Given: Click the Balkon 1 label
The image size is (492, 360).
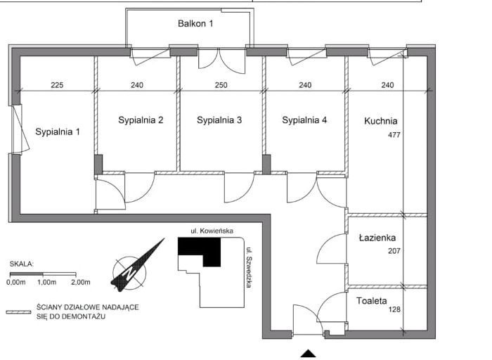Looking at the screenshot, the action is click(x=195, y=23).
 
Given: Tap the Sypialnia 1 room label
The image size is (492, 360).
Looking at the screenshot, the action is click(x=58, y=131).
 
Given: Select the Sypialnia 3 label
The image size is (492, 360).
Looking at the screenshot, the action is click(x=219, y=120).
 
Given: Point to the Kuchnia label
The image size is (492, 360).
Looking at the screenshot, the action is click(x=381, y=121).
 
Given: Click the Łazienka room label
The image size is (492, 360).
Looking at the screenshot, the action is click(x=377, y=238).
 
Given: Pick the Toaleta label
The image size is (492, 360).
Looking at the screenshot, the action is click(x=372, y=301).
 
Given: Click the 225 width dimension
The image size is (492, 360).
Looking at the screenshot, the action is click(x=57, y=85).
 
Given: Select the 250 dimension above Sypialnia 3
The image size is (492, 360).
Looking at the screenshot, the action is click(x=221, y=85).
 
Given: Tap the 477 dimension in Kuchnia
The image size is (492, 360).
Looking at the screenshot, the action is click(x=394, y=135).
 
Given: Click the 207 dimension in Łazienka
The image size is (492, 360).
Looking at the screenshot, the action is click(x=394, y=251).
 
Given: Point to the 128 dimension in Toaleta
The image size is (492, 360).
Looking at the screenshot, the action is click(x=394, y=309).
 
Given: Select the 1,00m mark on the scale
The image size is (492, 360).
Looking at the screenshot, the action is click(x=47, y=282).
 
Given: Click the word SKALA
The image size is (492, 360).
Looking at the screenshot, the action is click(x=21, y=264).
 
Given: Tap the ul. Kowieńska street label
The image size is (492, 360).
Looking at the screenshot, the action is click(x=212, y=231).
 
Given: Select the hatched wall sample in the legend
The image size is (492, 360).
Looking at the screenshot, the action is click(x=18, y=312).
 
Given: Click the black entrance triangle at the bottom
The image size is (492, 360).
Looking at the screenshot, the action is click(x=309, y=354).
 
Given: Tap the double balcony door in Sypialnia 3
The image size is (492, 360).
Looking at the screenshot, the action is click(x=221, y=60).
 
